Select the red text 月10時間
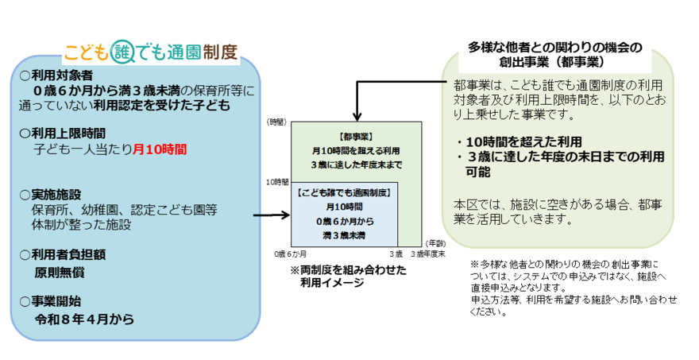(160, 147)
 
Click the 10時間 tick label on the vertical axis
(276, 182)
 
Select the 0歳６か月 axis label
(291, 253)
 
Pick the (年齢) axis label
(434, 242)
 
